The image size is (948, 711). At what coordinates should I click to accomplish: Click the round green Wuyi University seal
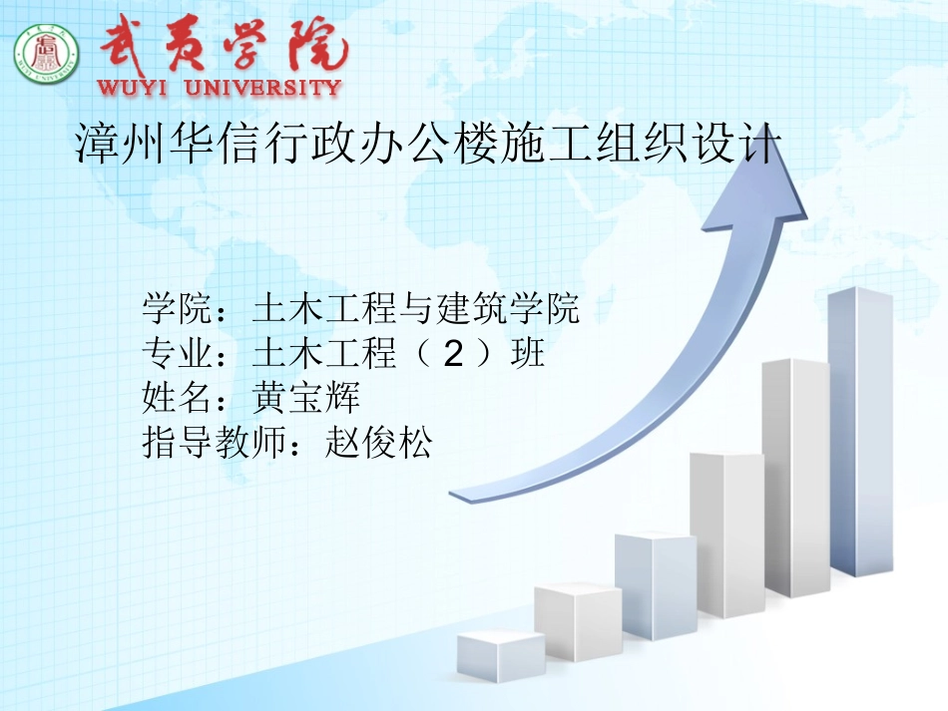point(47,54)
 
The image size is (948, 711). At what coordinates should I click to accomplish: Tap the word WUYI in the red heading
point(131,87)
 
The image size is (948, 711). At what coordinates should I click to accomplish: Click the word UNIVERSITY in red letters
point(263,87)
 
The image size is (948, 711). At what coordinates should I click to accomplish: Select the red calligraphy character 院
point(317,45)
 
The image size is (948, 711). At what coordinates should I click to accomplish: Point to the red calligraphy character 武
point(125,42)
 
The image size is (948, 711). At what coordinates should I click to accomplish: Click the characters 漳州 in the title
point(121,144)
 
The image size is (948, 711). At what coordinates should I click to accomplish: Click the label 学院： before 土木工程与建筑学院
point(185,308)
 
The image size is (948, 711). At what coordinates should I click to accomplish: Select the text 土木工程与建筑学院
point(416,308)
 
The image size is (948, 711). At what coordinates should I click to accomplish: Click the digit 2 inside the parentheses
point(453,353)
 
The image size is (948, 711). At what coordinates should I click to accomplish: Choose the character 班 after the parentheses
point(527,353)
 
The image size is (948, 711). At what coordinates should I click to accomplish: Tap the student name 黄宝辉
point(306,398)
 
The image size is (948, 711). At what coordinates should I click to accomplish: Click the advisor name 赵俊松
point(378,442)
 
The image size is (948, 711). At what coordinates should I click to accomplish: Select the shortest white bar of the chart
point(501,656)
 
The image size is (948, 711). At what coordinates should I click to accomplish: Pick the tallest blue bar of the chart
point(861,432)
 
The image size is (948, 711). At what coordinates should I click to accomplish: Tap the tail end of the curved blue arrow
point(452,495)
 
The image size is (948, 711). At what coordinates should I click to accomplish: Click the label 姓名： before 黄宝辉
point(185,398)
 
